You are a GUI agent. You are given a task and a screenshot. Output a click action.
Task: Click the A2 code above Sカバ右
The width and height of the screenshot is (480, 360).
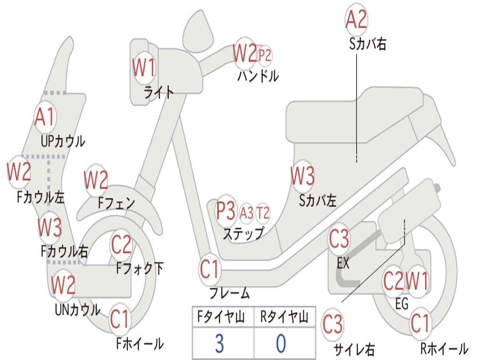pos(356,19)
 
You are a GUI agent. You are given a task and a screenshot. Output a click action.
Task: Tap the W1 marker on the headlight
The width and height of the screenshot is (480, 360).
pos(144,67)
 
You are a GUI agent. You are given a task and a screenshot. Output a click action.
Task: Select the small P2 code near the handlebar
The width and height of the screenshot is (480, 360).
pos(265,55)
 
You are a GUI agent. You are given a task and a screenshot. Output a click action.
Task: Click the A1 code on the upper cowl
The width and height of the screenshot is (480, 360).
pos(45,117)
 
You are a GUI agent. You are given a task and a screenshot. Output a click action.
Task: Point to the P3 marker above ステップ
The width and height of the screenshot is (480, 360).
pos(226,210)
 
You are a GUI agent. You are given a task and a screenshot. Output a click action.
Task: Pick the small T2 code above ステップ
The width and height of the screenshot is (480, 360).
pos(262,212)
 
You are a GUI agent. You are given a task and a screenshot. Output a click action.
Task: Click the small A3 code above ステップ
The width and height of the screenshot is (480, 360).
pos(247,212)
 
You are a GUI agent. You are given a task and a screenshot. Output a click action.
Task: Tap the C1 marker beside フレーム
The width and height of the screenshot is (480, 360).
pos(210,269)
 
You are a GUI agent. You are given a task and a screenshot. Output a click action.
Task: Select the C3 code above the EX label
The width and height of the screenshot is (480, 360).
pos(339,239)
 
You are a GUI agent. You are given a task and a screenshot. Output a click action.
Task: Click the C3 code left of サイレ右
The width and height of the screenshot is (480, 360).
pos(332,324)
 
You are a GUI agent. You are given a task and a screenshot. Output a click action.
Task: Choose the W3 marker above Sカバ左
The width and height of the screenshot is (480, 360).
pos(302,176)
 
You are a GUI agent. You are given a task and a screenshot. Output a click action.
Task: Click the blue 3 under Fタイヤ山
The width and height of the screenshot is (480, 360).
pos(219,344)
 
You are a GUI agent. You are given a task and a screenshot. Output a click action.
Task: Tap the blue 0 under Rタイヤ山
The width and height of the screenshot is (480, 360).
pos(281,344)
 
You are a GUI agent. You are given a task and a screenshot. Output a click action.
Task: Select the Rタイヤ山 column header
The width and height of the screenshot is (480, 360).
pos(284,316)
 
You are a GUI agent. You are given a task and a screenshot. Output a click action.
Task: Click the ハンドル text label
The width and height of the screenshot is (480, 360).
pos(258,75)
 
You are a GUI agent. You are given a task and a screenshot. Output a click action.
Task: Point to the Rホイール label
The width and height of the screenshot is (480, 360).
pos(444,348)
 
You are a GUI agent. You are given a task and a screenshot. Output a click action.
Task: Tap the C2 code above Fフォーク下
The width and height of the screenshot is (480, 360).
pos(121,244)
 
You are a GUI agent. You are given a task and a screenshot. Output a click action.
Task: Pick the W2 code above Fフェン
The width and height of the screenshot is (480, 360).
pos(96,180)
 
